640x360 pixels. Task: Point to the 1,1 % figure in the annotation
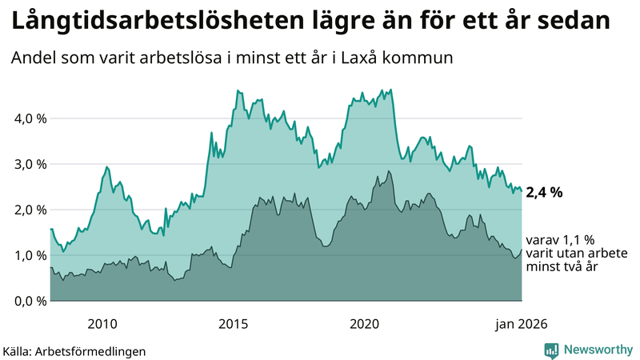point(573,239)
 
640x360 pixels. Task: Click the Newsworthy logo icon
point(552,350)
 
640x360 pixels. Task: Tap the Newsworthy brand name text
point(598,350)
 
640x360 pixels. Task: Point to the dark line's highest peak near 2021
point(389,171)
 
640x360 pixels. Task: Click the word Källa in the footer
point(17,350)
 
